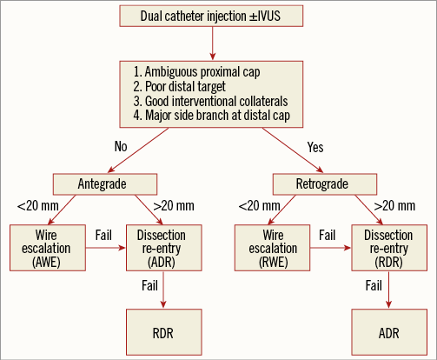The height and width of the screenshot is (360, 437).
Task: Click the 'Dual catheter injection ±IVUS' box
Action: [x=217, y=16]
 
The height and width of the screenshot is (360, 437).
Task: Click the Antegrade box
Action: [x=104, y=183]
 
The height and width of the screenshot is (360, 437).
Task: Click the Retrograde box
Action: [x=323, y=183]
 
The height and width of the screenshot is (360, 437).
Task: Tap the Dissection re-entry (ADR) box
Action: [x=163, y=249]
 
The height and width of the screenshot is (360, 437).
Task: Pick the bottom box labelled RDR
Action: [x=163, y=331]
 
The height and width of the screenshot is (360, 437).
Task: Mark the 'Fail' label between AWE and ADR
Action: [x=101, y=236]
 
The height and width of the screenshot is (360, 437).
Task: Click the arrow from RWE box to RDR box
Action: [x=327, y=249]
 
